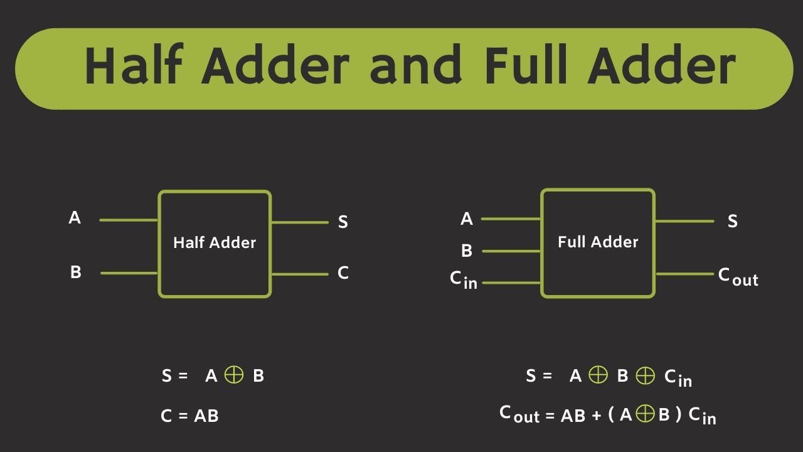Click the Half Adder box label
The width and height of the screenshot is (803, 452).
pyautogui.click(x=215, y=243)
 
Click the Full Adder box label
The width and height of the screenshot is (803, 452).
pyautogui.click(x=598, y=242)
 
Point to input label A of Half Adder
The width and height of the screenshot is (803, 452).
pyautogui.click(x=75, y=218)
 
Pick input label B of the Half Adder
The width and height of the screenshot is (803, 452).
pyautogui.click(x=76, y=273)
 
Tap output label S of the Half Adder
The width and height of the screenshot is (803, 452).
pyautogui.click(x=343, y=222)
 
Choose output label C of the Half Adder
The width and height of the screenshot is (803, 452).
pyautogui.click(x=343, y=273)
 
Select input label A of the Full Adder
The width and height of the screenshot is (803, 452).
pyautogui.click(x=467, y=219)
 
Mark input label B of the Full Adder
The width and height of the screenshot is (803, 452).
pyautogui.click(x=467, y=251)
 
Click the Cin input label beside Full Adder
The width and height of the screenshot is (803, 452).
pyautogui.click(x=464, y=280)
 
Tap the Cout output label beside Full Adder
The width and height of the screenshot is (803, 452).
pyautogui.click(x=738, y=276)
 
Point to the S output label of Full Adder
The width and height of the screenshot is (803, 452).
pyautogui.click(x=732, y=222)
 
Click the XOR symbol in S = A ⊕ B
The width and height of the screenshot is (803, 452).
pyautogui.click(x=234, y=375)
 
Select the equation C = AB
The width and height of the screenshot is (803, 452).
pyautogui.click(x=189, y=416)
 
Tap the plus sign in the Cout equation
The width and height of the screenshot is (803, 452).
pyautogui.click(x=597, y=416)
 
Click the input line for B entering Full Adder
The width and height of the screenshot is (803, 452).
pyautogui.click(x=511, y=251)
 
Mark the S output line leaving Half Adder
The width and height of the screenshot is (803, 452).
pyautogui.click(x=299, y=222)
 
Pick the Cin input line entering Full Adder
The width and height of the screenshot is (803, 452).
pyautogui.click(x=511, y=282)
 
